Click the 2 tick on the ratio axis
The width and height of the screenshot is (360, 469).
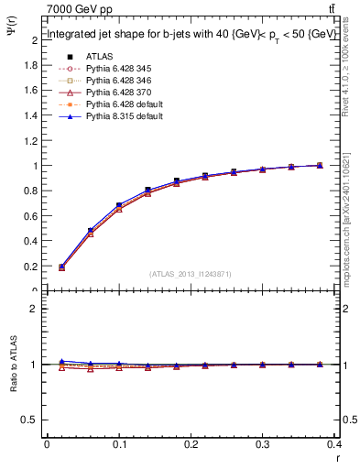(x=34, y=309)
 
